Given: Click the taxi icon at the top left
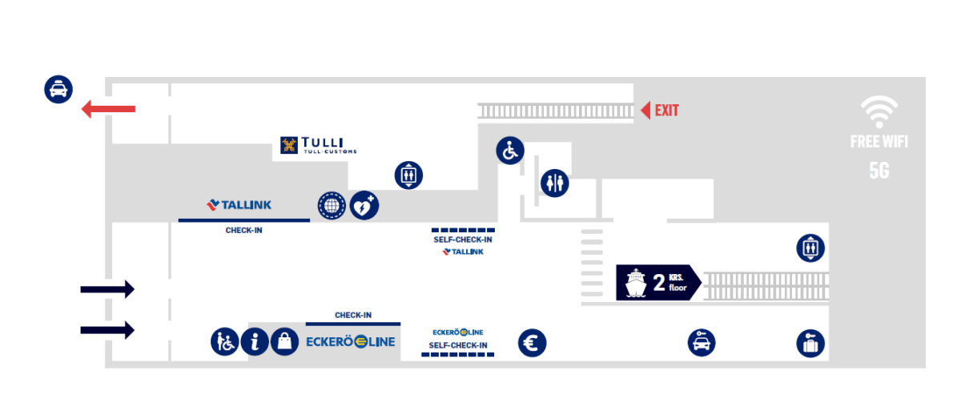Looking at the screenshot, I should (x=58, y=89).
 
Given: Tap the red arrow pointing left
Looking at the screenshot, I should (x=109, y=109).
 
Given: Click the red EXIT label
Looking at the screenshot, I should (x=666, y=111).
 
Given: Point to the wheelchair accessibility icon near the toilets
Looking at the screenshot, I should (x=509, y=150).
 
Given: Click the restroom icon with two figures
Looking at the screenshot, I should (x=554, y=183).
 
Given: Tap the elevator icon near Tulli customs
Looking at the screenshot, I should (x=408, y=175).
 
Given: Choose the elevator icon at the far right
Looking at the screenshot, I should (x=810, y=248).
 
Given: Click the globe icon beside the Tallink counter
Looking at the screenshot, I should (x=331, y=206).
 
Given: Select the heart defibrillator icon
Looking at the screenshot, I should (x=364, y=206).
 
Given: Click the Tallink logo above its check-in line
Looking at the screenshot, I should (x=239, y=205).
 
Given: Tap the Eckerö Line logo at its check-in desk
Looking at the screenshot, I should (x=351, y=342).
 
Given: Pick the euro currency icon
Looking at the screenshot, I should (x=533, y=343).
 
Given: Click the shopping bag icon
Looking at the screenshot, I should (x=284, y=342).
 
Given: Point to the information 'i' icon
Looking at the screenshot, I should (x=255, y=342).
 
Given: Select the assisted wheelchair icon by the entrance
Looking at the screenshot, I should (x=225, y=342).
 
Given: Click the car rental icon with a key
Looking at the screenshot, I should (x=702, y=343).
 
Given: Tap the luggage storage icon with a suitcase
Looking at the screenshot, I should (x=810, y=343).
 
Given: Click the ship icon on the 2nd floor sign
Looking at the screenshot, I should (x=634, y=282).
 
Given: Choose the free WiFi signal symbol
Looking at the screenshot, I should (x=879, y=111).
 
